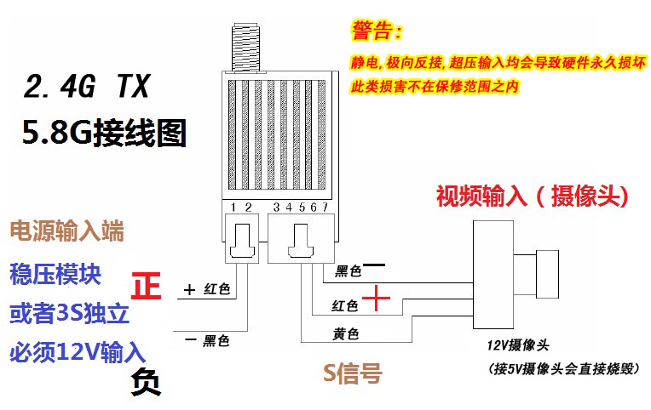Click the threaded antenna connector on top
(x=245, y=48)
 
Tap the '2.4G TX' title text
(x=86, y=86)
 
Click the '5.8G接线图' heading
(x=104, y=133)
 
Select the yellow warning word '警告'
(x=372, y=31)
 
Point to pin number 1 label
(x=233, y=208)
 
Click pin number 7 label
(x=325, y=207)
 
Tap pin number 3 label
(x=277, y=208)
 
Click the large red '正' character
(x=147, y=285)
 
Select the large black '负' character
(x=147, y=382)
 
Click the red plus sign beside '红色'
(x=376, y=298)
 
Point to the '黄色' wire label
(x=345, y=333)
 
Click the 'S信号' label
(x=353, y=373)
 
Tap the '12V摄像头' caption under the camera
(x=518, y=345)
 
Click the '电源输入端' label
(x=66, y=231)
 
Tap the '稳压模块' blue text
(x=55, y=274)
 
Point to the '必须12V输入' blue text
(x=78, y=352)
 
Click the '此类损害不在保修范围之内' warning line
(x=435, y=87)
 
